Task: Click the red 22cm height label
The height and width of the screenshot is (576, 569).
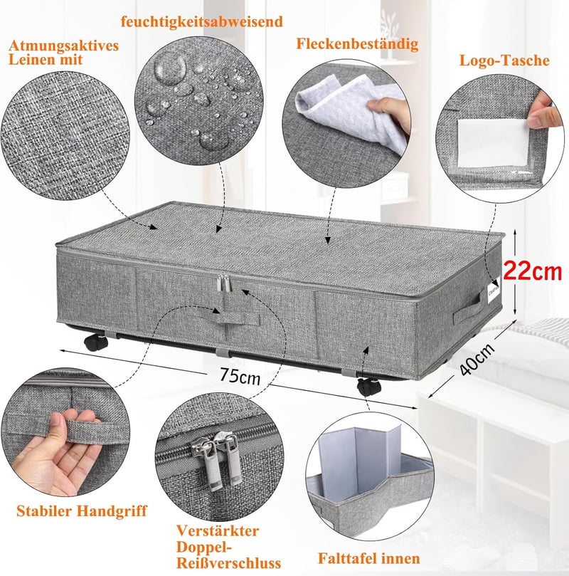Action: point(532,271)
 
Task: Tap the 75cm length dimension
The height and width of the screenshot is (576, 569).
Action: point(240,376)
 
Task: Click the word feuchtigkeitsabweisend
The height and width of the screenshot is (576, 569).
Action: point(202,21)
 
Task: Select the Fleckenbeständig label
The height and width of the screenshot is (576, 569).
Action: point(357,43)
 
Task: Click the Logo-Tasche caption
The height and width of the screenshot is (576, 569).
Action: point(504,61)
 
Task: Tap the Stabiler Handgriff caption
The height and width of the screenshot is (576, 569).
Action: point(82,511)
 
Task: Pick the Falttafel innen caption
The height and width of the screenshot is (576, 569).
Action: point(368,558)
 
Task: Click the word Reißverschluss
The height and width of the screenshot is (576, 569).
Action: point(228,562)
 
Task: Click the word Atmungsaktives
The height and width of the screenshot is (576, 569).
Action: point(64,46)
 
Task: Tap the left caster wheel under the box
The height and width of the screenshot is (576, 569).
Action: point(96,342)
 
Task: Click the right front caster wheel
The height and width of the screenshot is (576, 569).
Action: point(368,387)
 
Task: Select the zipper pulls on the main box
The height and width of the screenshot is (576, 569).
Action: point(223,283)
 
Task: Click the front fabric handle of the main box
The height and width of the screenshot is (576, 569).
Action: point(237,319)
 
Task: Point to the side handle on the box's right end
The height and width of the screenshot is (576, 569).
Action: point(467,308)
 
